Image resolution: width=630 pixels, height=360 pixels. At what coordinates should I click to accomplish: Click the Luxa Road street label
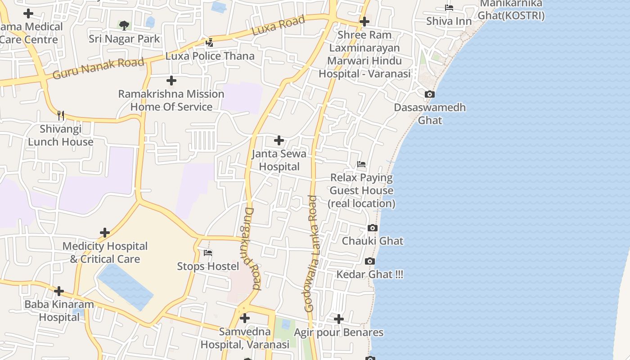click(x=278, y=26)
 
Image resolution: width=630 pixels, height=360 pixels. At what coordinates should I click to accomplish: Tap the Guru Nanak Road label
click(x=98, y=68)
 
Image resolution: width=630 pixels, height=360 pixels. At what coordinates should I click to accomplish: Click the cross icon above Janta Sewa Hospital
click(x=279, y=140)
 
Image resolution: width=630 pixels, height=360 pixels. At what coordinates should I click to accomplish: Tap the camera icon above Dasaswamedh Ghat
click(x=430, y=94)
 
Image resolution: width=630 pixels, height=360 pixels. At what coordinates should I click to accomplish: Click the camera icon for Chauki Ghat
click(x=373, y=228)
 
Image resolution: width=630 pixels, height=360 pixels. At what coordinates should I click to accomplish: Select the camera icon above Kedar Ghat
click(x=370, y=261)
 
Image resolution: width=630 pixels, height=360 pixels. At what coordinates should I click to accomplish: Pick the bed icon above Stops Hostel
click(x=208, y=253)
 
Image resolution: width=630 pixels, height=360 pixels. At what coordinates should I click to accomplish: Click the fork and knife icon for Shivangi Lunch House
click(x=61, y=116)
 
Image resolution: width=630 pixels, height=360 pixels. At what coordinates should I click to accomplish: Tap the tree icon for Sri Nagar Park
click(x=124, y=26)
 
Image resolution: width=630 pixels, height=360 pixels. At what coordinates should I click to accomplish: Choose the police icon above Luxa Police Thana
click(x=209, y=43)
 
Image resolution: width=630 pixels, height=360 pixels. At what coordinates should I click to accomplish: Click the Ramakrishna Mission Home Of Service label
click(x=171, y=100)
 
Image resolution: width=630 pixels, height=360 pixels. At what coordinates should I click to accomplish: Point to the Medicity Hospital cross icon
click(x=105, y=233)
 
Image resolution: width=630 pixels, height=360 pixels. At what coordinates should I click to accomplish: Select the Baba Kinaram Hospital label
click(x=59, y=310)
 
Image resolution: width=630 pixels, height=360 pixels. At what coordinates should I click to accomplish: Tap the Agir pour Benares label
click(x=338, y=333)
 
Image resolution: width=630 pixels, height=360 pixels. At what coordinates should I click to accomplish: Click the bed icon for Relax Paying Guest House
click(x=361, y=164)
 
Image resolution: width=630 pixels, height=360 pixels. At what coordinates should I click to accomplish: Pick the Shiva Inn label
click(x=449, y=21)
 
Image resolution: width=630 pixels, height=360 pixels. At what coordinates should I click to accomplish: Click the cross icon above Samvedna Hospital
click(x=245, y=319)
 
